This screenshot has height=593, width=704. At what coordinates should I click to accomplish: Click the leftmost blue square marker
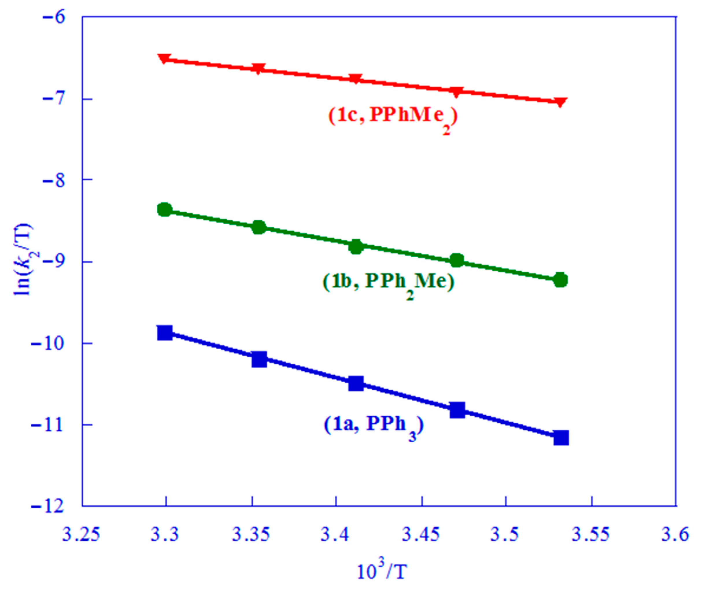click(165, 332)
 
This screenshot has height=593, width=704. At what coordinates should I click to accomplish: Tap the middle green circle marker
click(356, 247)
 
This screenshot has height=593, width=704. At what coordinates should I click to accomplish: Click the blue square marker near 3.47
click(457, 410)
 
